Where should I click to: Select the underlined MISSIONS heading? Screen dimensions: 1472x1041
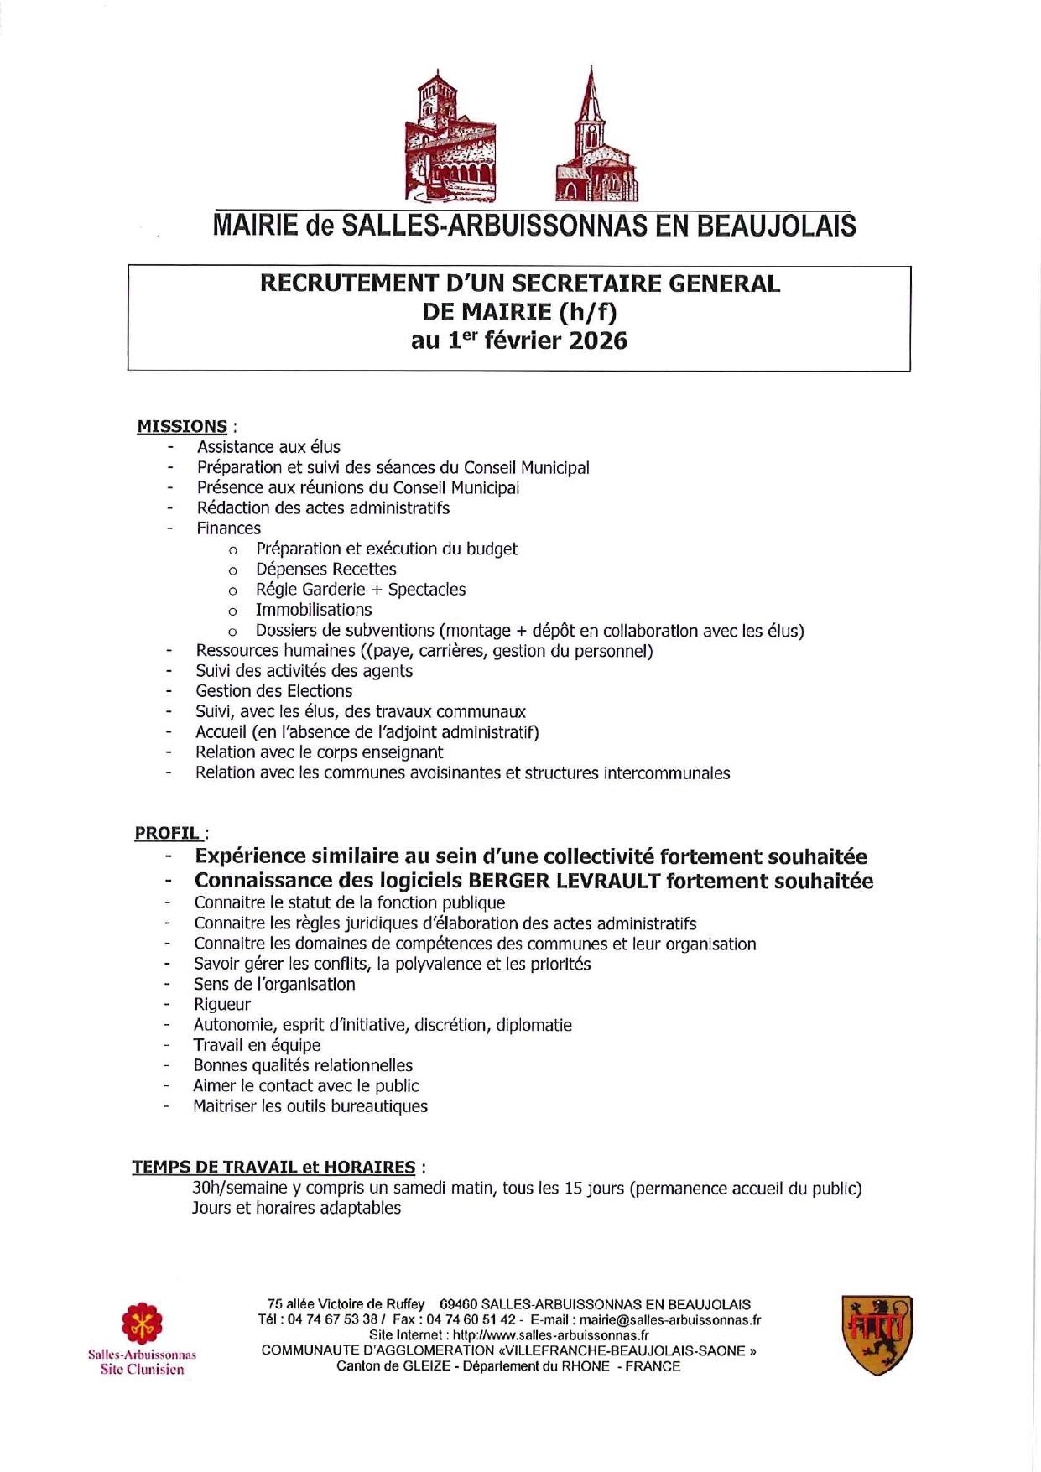point(182,426)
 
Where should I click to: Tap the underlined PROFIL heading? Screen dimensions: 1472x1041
point(167,833)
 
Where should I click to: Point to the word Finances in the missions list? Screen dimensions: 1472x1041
point(228,528)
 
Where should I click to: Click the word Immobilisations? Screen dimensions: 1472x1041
point(314,610)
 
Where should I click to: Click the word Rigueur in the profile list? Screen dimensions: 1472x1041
point(222,1004)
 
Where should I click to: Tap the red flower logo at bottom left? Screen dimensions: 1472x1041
point(142,1323)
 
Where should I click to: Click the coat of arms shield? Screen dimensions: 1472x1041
point(877,1334)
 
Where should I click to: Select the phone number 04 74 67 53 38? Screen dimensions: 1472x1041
point(333,1319)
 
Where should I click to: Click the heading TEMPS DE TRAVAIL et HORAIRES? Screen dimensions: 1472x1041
point(273,1167)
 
